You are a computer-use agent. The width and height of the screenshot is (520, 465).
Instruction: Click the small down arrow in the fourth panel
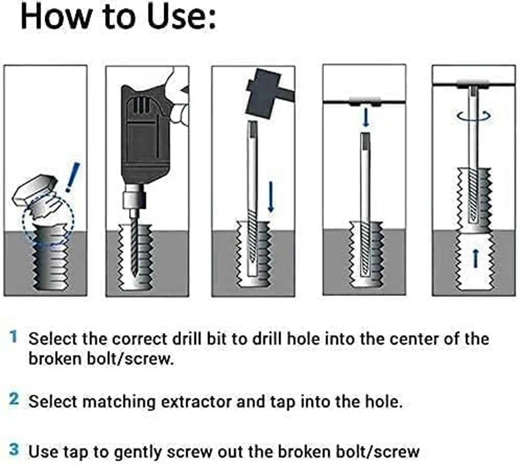click(x=366, y=118)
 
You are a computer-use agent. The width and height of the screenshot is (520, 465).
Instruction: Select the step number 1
click(x=14, y=338)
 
